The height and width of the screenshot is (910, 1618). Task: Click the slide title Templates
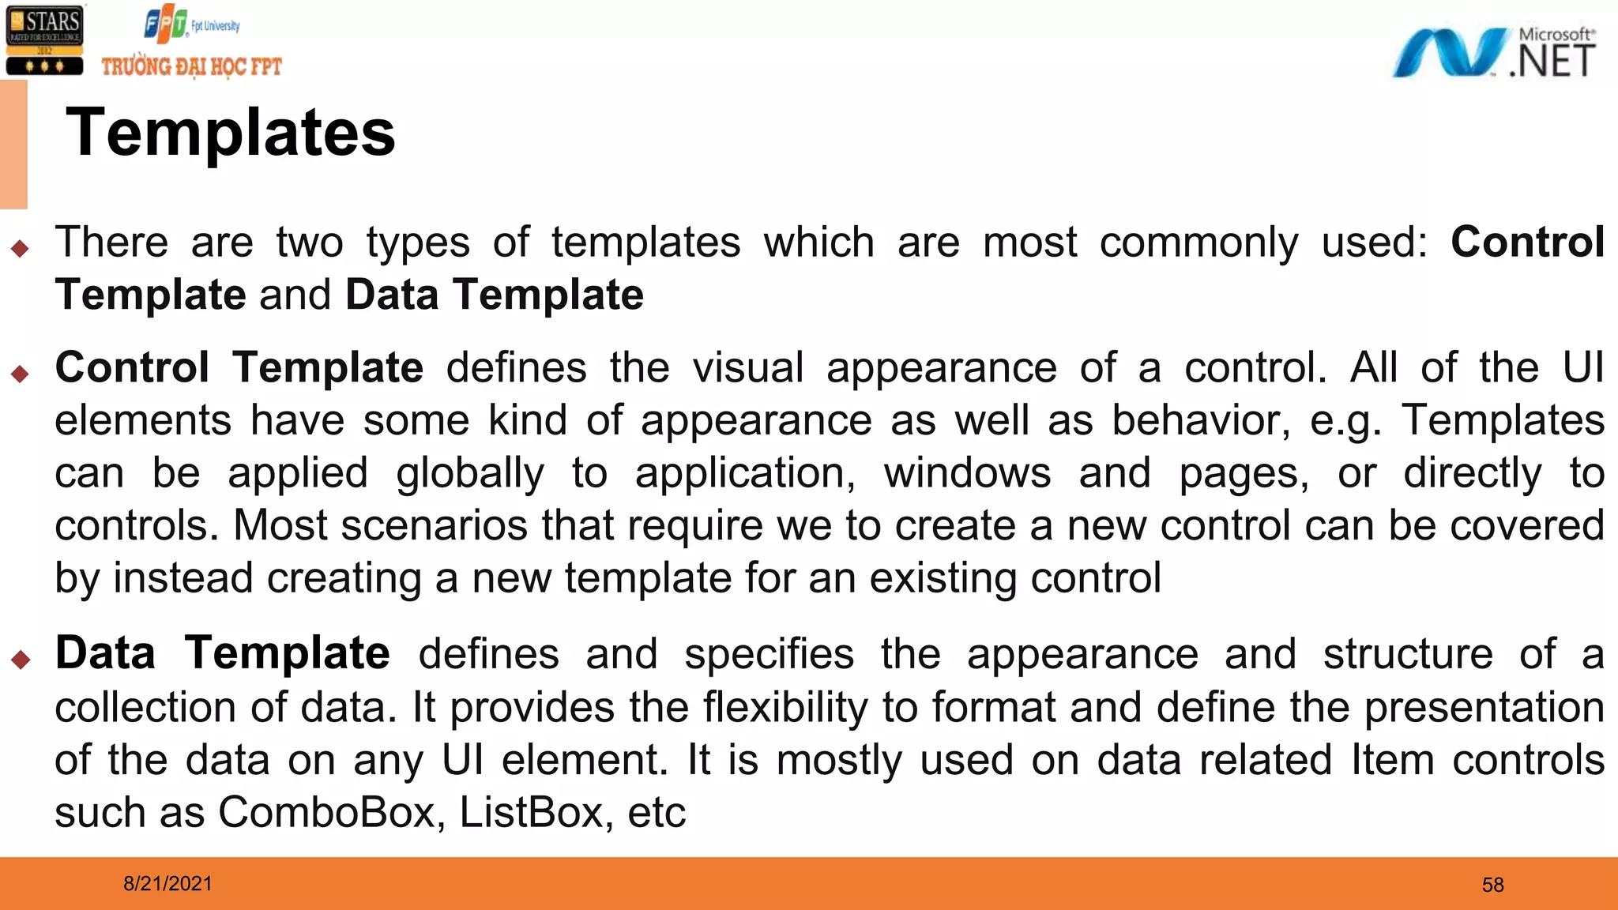click(230, 133)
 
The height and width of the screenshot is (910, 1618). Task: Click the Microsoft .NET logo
click(1493, 53)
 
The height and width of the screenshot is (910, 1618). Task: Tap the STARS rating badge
click(44, 39)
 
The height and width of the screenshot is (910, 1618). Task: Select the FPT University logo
click(192, 24)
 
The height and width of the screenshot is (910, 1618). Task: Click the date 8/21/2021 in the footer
click(167, 883)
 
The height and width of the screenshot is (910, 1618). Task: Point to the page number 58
click(1492, 885)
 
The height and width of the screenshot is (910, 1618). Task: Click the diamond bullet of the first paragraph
click(21, 250)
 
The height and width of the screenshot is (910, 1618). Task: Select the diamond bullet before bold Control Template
click(21, 374)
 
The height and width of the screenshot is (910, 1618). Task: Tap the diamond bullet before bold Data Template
click(21, 659)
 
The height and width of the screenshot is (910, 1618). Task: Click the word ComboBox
click(326, 812)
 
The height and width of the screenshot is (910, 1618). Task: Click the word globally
click(470, 474)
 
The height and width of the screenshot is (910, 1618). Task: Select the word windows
click(967, 473)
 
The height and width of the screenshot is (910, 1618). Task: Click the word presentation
click(1484, 707)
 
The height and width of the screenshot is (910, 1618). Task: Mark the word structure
click(1408, 654)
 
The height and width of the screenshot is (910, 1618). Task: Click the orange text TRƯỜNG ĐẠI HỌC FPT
click(191, 66)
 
